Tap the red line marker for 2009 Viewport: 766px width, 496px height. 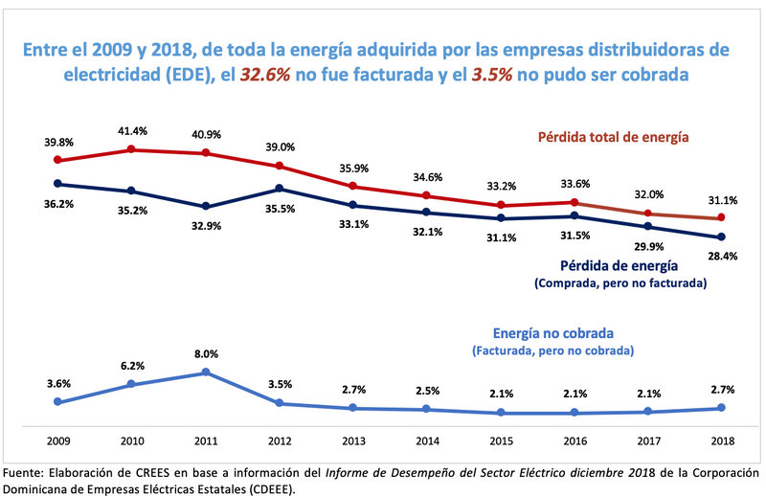point(57,160)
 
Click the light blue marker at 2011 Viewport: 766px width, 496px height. point(206,372)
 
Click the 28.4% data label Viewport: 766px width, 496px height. point(722,257)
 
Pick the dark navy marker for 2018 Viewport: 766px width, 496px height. point(722,237)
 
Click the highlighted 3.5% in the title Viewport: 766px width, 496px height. point(490,74)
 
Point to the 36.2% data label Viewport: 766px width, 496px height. point(57,204)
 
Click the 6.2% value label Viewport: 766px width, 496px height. point(132,365)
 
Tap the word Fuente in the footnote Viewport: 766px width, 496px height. point(25,472)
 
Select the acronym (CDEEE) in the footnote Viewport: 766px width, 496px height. point(270,487)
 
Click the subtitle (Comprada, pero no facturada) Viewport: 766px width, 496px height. point(619,283)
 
